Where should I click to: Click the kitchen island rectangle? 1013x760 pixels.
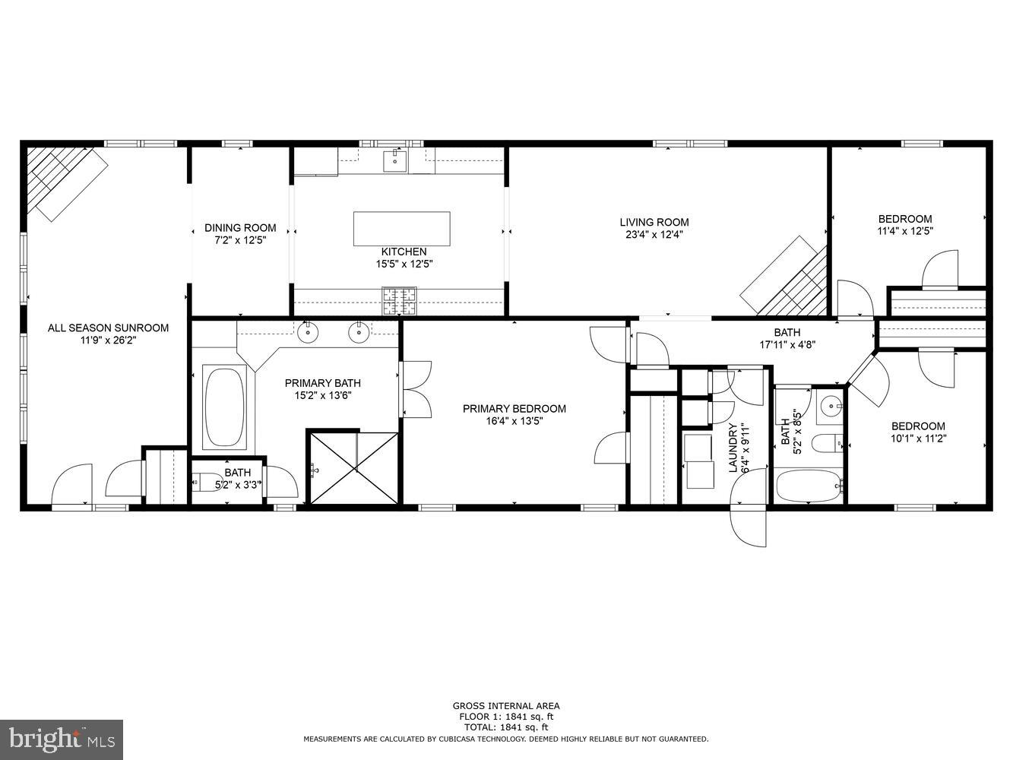401,229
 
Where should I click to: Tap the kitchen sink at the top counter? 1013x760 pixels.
395,160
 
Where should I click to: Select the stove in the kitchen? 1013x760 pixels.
399,301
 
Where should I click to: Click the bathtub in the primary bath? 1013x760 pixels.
224,407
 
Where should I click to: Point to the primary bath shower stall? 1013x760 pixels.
353,467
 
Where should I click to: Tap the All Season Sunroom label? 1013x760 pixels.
108,328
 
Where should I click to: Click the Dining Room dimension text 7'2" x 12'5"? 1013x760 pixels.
240,240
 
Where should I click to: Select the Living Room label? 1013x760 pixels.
654,223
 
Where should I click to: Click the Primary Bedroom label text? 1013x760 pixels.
514,409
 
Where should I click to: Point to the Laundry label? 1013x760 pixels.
734,448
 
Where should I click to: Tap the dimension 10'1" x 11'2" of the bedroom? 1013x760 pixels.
918,438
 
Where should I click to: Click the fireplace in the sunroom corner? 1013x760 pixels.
65,181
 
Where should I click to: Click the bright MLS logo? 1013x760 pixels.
62,738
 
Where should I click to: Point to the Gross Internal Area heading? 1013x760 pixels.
505,706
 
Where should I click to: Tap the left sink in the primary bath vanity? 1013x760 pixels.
308,332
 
